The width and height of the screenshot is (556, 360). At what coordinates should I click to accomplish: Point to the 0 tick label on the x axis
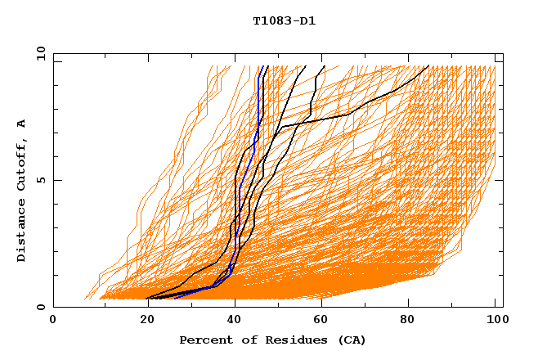pos(53,320)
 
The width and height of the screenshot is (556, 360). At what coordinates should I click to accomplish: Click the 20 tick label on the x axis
pos(141,320)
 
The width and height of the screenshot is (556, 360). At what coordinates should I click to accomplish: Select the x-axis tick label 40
pos(231,320)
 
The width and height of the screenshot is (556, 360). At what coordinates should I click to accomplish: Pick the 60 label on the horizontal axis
pos(319,320)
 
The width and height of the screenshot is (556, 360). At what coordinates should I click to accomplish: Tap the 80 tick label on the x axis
pos(407,320)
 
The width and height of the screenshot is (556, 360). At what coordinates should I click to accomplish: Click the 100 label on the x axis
pos(495,320)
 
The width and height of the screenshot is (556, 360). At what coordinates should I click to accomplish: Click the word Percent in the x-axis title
pos(203,340)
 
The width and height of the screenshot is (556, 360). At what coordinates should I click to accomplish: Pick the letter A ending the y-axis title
pos(21,124)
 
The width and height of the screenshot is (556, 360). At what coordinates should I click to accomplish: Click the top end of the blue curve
pos(260,66)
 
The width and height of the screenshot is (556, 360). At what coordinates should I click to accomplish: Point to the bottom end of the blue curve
pos(175,298)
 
